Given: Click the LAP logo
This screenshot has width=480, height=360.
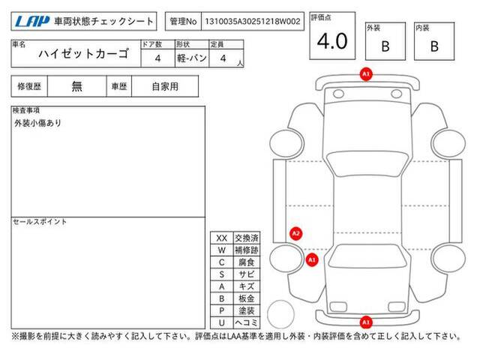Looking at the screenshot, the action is tap(32, 21).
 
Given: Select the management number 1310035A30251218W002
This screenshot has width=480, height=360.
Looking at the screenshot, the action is tap(253, 22).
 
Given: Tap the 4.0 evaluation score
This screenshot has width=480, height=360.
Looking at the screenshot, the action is tap(332, 41).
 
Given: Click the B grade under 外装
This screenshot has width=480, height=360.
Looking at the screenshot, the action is tap(385, 46).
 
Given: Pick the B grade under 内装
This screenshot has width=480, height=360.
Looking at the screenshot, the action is tap(434, 46).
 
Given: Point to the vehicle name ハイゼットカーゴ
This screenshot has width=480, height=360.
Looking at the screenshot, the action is tap(83, 54).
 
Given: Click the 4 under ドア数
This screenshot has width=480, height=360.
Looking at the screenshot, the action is tap(157, 58).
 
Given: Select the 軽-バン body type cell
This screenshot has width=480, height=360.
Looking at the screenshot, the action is tap(192, 58).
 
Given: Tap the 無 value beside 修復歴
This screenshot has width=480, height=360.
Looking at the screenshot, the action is tap(76, 87).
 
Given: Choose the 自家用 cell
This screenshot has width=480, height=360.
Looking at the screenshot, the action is tap(165, 87).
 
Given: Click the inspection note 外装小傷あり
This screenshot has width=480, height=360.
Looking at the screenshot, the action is tap(37, 123).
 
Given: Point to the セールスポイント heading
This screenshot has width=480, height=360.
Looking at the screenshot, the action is tap(40, 222).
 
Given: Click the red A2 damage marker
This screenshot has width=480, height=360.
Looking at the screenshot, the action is tap(295, 234).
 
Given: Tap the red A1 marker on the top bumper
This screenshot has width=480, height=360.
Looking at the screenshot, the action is tap(366, 74).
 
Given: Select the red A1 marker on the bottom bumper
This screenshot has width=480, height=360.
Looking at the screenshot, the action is tap(366, 322).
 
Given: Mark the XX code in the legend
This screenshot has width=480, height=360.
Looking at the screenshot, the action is tap(222, 238).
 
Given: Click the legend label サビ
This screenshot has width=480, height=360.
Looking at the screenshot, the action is tap(247, 274).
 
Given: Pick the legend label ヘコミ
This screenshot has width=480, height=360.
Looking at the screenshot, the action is tap(247, 322).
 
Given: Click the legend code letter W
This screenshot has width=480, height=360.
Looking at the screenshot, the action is tap(222, 250).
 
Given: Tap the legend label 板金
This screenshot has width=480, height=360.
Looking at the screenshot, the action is tap(247, 298).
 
